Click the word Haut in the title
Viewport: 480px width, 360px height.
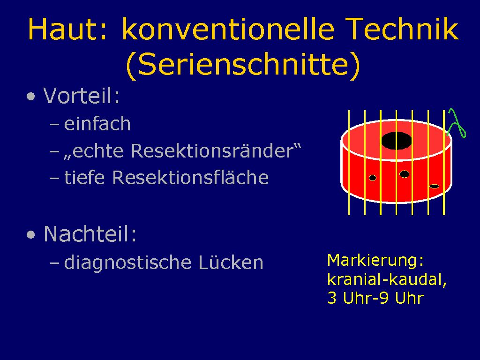coord(67,29)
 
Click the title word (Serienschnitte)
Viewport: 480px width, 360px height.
coord(243,64)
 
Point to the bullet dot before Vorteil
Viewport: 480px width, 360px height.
coord(31,97)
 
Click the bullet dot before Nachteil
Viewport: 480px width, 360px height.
coord(31,235)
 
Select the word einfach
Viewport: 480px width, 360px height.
coord(97,124)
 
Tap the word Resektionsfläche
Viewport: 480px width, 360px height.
coord(190,178)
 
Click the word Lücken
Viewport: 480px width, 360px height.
coord(231,262)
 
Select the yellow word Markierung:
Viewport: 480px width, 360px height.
coord(375,261)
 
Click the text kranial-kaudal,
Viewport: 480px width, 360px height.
coord(387,279)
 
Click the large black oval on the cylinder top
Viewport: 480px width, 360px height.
coord(397,141)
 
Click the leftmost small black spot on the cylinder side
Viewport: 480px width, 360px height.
coord(373,178)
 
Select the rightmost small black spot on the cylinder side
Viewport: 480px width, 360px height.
coord(434,186)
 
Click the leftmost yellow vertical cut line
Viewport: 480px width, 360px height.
coord(349,163)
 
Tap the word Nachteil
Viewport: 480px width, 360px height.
coord(90,234)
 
